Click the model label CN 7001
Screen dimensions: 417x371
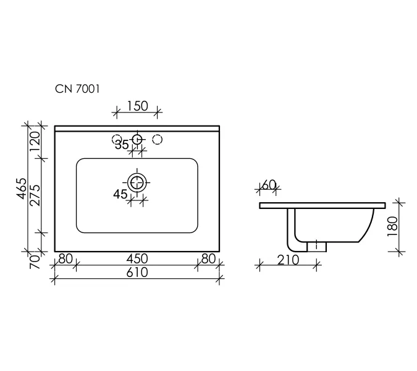(x=77, y=89)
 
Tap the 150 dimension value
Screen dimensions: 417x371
(x=137, y=106)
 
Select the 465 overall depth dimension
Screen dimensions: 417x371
(x=22, y=189)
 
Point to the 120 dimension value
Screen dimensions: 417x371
(x=35, y=141)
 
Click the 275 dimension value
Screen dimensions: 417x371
(x=35, y=195)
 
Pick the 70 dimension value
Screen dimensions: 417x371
(x=35, y=262)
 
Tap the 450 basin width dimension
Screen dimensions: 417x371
(x=137, y=258)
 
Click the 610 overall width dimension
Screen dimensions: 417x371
(x=137, y=272)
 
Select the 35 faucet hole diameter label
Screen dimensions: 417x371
(x=122, y=145)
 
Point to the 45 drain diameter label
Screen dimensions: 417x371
(x=120, y=194)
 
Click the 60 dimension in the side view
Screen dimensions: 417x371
(x=269, y=185)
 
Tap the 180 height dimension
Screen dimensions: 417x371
(x=393, y=226)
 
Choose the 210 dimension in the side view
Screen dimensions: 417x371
(x=288, y=260)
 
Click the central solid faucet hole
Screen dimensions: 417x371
(x=137, y=139)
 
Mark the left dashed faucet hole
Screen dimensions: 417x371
(x=117, y=139)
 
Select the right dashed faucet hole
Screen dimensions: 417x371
(x=158, y=139)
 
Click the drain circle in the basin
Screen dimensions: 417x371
(x=137, y=182)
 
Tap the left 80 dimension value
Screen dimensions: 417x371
(x=65, y=258)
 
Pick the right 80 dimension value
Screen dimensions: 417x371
(x=209, y=258)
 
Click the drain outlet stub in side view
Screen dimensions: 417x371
(x=316, y=247)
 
